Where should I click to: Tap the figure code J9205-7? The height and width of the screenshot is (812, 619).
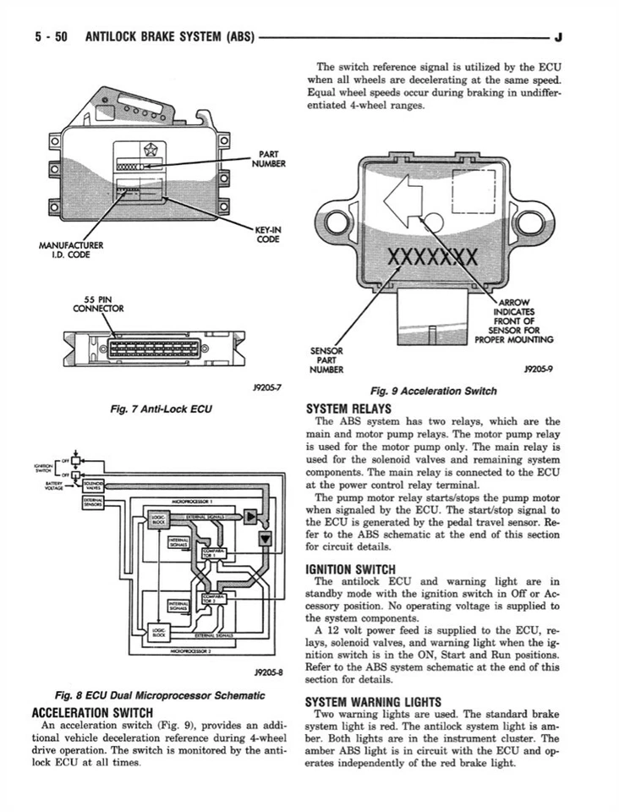(x=266, y=387)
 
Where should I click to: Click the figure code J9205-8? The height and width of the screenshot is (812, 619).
(x=266, y=673)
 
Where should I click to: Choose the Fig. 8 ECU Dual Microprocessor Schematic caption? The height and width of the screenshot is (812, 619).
(x=159, y=695)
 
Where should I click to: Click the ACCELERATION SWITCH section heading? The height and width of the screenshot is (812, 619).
(x=91, y=712)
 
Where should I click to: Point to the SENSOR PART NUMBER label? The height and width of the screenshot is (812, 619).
(x=326, y=359)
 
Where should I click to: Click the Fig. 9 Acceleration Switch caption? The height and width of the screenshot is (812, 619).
(x=434, y=391)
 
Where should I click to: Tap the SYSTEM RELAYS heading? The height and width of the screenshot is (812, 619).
(x=348, y=408)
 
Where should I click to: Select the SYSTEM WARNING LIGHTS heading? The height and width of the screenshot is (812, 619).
(x=373, y=701)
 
